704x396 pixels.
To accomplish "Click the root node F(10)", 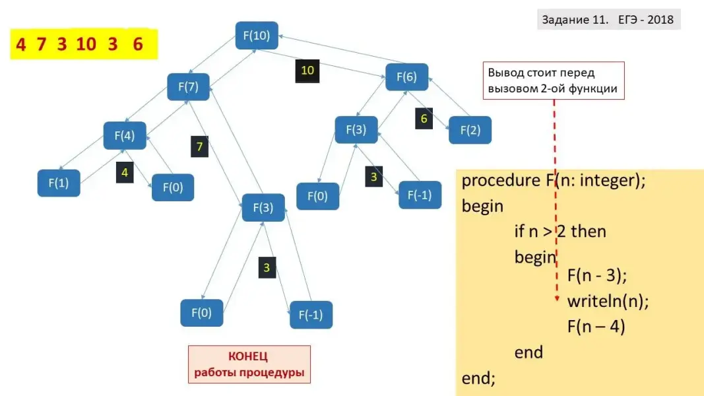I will tap(257, 36).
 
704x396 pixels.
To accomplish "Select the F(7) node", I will tap(188, 86).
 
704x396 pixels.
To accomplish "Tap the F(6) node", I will tap(406, 77).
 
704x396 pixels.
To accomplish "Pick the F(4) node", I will tap(125, 136).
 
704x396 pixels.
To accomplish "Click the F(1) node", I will tap(59, 183).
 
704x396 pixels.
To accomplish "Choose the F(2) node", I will tap(470, 130).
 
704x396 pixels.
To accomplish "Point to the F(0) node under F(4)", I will tap(173, 187).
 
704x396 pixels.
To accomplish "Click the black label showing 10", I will tap(307, 71).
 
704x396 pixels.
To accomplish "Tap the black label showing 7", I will tap(200, 146).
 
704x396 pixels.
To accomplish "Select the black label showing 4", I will tap(125, 172).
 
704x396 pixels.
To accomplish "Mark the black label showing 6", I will tap(424, 119).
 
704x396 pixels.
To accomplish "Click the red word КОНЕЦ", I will tap(248, 356).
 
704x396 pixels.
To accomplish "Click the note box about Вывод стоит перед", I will tap(554, 81).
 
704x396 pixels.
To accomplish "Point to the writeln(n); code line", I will tap(608, 302).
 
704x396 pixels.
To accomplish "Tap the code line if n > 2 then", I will tap(560, 232).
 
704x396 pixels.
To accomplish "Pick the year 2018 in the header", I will tap(660, 20).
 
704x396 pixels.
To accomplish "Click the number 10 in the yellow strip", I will tap(86, 45).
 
